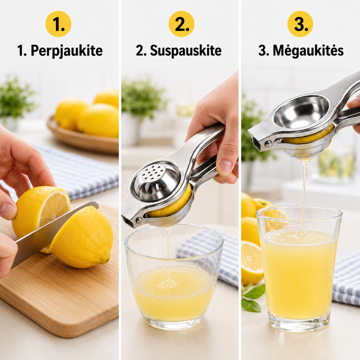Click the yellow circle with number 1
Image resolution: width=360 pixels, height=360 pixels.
[x=58, y=24]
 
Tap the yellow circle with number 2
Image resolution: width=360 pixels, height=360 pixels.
[x=181, y=24]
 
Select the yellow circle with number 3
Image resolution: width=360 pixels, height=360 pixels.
[x=300, y=24]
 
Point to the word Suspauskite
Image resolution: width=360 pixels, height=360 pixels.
[x=186, y=51]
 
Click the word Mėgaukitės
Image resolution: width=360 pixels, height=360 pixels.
[x=308, y=51]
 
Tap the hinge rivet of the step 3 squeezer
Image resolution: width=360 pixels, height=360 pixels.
[x=268, y=144]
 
